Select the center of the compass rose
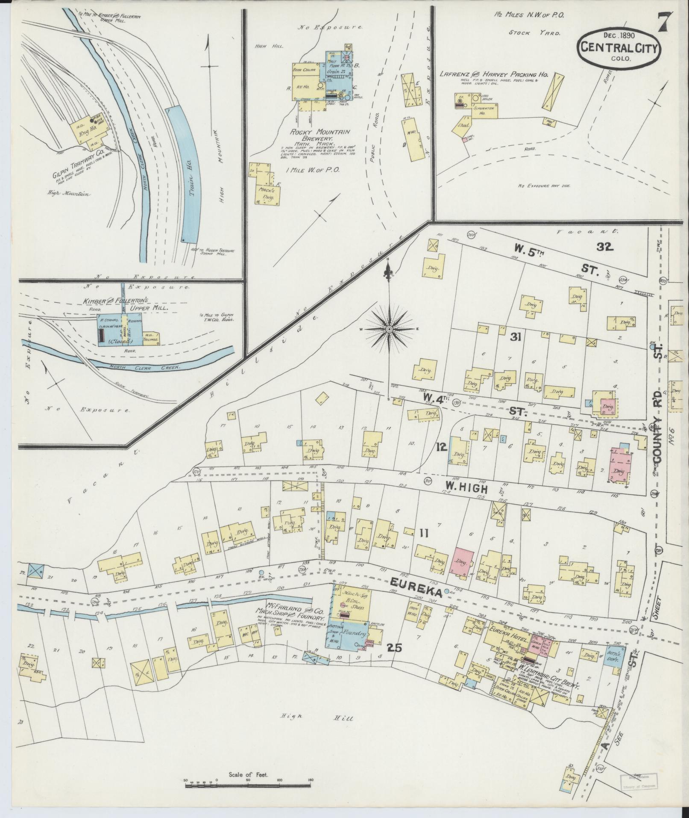(389, 329)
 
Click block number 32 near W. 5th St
(605, 246)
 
